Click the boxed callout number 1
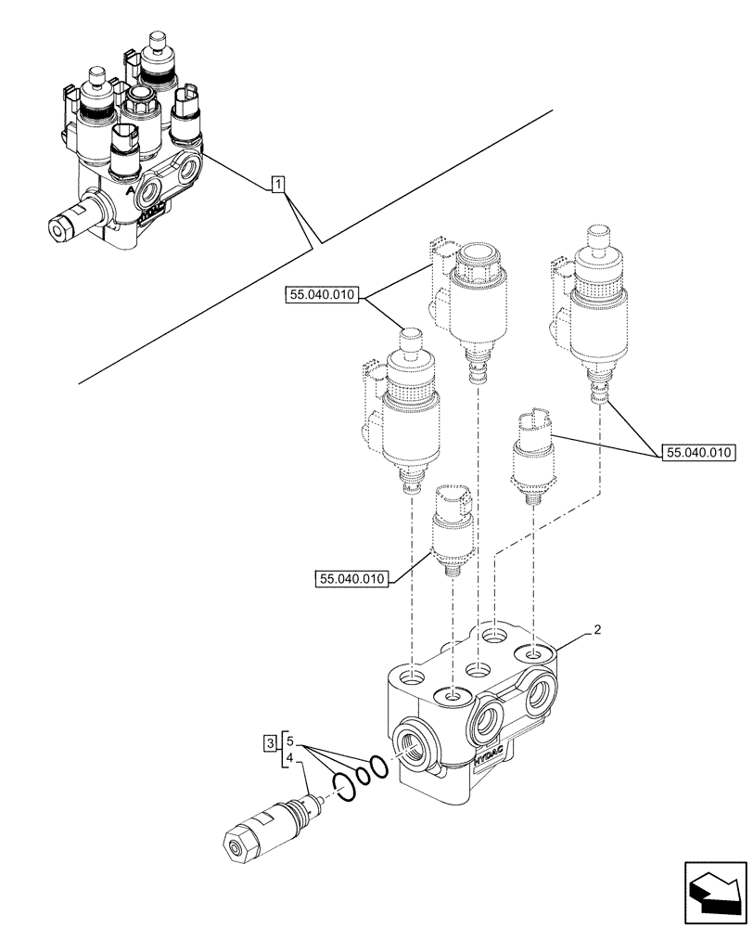[278, 185]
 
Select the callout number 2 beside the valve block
[598, 630]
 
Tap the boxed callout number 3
[269, 741]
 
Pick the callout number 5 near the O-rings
[290, 741]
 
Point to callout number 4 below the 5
[290, 758]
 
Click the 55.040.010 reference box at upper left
[322, 296]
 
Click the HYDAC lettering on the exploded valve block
[491, 755]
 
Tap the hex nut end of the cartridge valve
[240, 843]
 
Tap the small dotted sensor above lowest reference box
[453, 529]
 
